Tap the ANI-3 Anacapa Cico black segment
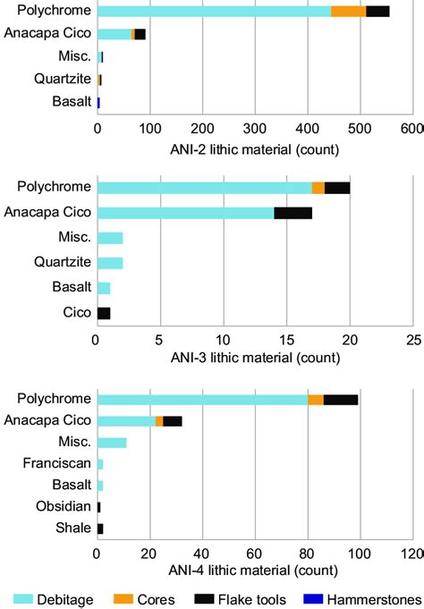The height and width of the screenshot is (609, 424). point(293,213)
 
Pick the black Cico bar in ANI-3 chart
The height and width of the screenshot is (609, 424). point(103,313)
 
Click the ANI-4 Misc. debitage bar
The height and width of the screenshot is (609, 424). point(112,443)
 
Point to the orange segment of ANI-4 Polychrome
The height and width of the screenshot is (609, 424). point(316,399)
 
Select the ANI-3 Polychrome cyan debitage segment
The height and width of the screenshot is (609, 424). point(204,187)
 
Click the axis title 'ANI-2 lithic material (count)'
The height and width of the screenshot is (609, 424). point(253,148)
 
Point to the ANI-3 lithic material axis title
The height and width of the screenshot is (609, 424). point(255,359)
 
